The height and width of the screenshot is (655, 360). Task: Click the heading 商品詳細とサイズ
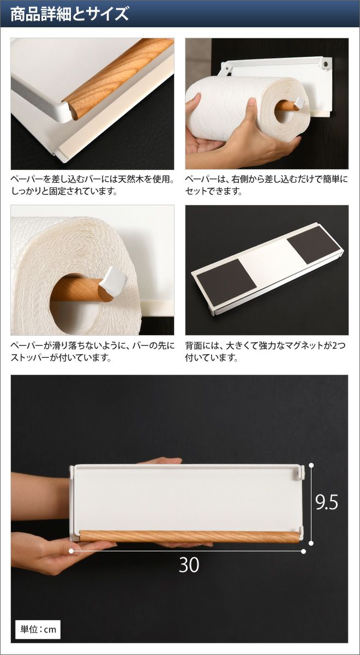click(70, 14)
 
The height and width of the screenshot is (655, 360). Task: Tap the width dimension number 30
click(189, 564)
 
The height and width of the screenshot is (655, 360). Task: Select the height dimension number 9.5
click(327, 502)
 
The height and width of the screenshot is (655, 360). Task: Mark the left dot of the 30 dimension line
click(71, 551)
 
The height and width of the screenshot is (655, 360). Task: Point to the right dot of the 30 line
click(304, 551)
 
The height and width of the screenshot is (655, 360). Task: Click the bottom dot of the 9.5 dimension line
click(311, 543)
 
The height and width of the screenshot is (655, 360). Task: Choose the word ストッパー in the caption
click(30, 358)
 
